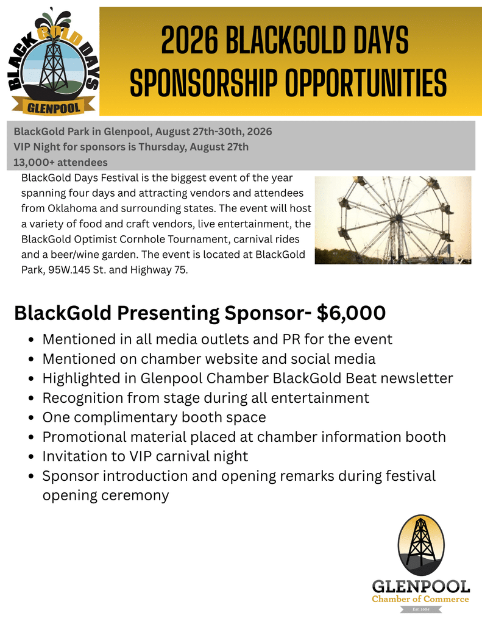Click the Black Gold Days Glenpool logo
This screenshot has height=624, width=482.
coord(53,62)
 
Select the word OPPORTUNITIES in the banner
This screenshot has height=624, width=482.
coord(366,83)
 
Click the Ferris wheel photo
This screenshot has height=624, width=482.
coord(393,220)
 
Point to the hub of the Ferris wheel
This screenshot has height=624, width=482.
coord(397,218)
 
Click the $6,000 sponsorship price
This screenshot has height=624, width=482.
coord(352,313)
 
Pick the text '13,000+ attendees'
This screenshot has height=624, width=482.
coord(60,162)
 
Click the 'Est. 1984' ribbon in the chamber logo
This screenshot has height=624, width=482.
coord(420,609)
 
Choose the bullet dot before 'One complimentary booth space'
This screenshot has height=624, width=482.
coord(32,418)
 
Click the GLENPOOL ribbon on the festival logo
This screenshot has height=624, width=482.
coord(53,107)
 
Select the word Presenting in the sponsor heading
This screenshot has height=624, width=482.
coord(168,314)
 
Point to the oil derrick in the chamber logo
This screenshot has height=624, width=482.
coord(420,541)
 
